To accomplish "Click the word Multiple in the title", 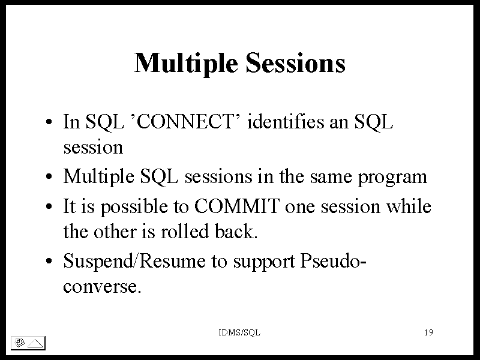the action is pos(186,64).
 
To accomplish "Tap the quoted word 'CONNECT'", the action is pos(185,121).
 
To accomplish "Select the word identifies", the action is pos(286,121).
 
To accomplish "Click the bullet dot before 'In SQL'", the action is pos(49,122).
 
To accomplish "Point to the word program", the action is pos(392,178).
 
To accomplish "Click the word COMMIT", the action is pos(237,206).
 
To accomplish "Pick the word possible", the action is pos(134,206).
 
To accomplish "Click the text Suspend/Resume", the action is pos(134,261).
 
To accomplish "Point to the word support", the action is pos(264,262).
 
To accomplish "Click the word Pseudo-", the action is pos(333,261).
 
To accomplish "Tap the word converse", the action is pos(102,287).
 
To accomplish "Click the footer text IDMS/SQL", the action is pos(239,332).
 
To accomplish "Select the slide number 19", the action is pos(428,332).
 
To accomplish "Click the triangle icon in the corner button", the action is pos(35,343).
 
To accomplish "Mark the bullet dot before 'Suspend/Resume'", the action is pos(49,262).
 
